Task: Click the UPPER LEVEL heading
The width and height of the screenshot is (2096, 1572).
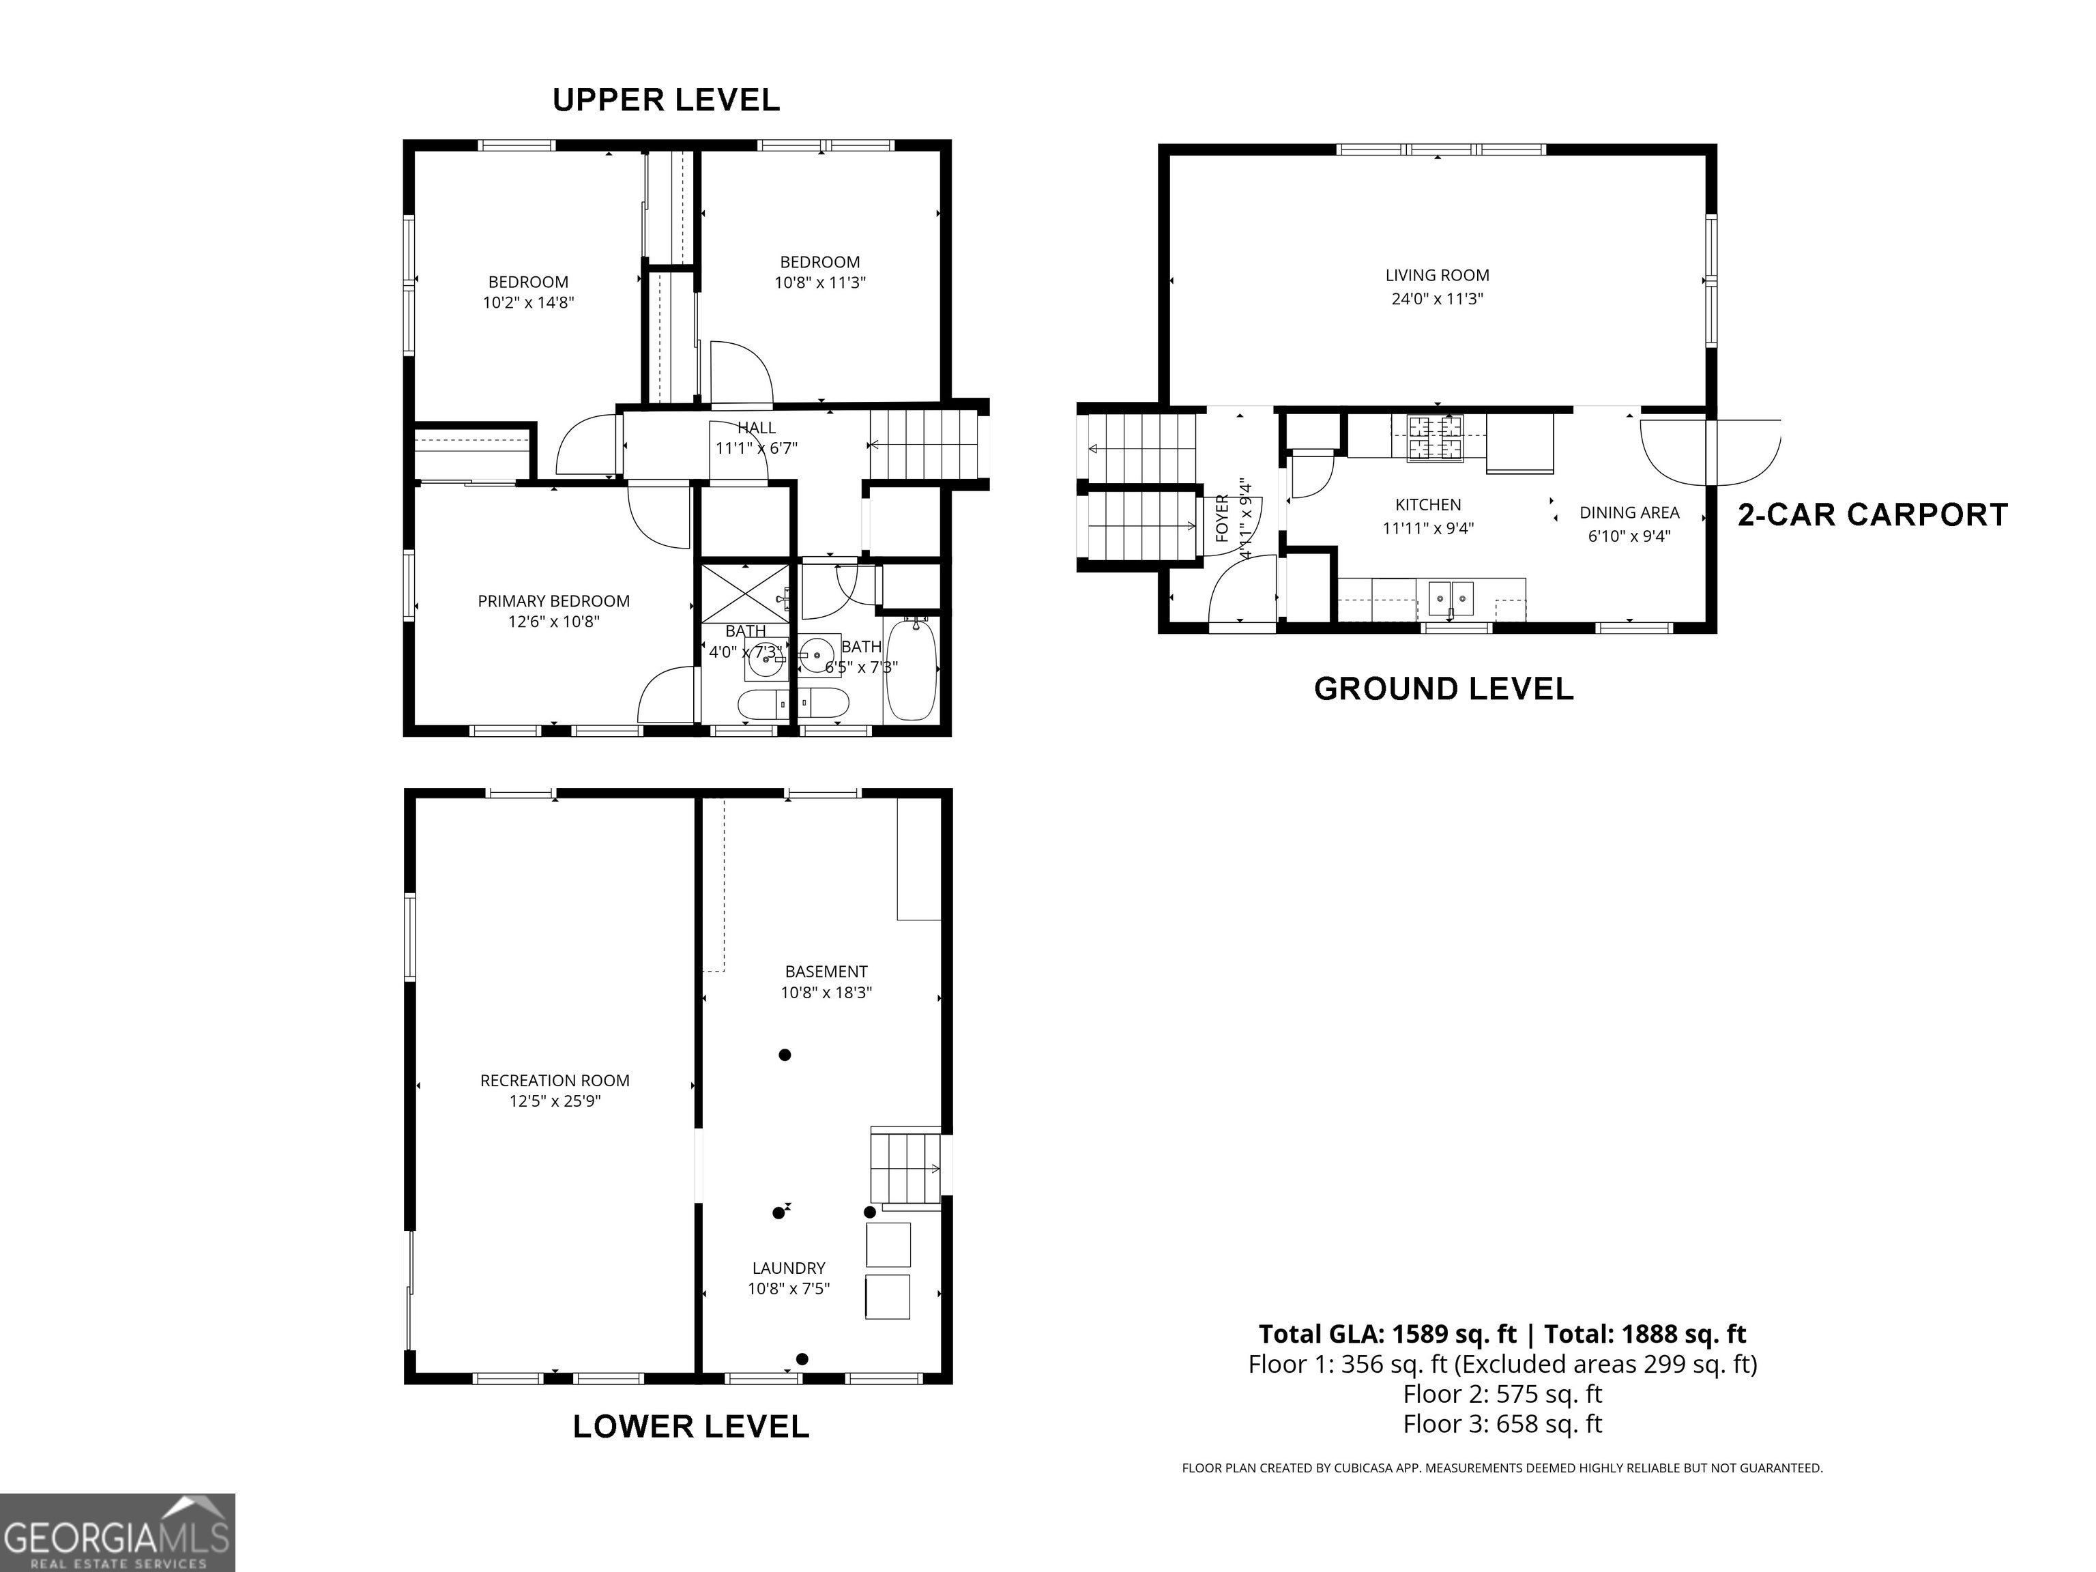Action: click(x=666, y=100)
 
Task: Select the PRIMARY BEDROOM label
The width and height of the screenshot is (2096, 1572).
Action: click(x=553, y=600)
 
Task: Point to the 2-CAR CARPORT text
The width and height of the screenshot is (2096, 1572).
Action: click(x=1872, y=514)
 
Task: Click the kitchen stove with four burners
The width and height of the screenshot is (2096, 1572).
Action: click(x=1436, y=438)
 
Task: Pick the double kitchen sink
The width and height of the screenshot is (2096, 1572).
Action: click(x=1451, y=598)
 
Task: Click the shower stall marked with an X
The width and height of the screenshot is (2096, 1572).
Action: click(x=746, y=593)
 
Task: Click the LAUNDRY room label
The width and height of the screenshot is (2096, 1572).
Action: click(x=788, y=1268)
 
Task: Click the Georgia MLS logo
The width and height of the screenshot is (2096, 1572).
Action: click(x=117, y=1532)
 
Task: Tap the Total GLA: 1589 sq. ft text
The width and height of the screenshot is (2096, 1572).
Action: click(x=1387, y=1334)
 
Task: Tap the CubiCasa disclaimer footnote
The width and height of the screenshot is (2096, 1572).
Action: click(x=1502, y=1468)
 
